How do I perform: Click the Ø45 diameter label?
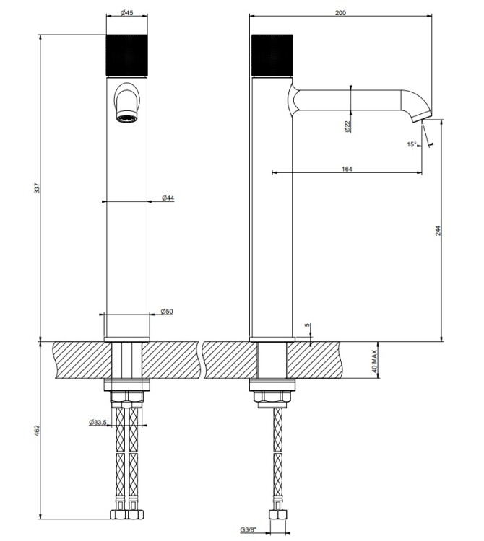tap(127, 13)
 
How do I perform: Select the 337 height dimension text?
tap(38, 188)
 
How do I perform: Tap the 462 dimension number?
tap(38, 431)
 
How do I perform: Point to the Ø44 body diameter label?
tap(168, 198)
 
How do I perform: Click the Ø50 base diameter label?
tap(167, 312)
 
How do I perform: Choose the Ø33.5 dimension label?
tap(98, 422)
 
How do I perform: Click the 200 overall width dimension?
tap(340, 13)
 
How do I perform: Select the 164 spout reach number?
tap(347, 169)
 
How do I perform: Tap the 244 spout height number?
tap(438, 231)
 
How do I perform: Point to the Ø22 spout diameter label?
tap(347, 127)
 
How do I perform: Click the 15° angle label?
tap(412, 144)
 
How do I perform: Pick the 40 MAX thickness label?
tap(374, 361)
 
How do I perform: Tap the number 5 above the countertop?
tap(308, 325)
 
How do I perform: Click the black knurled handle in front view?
tap(127, 56)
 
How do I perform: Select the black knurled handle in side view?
tap(272, 56)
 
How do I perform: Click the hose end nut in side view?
tap(277, 515)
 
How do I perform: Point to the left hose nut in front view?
tap(118, 515)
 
